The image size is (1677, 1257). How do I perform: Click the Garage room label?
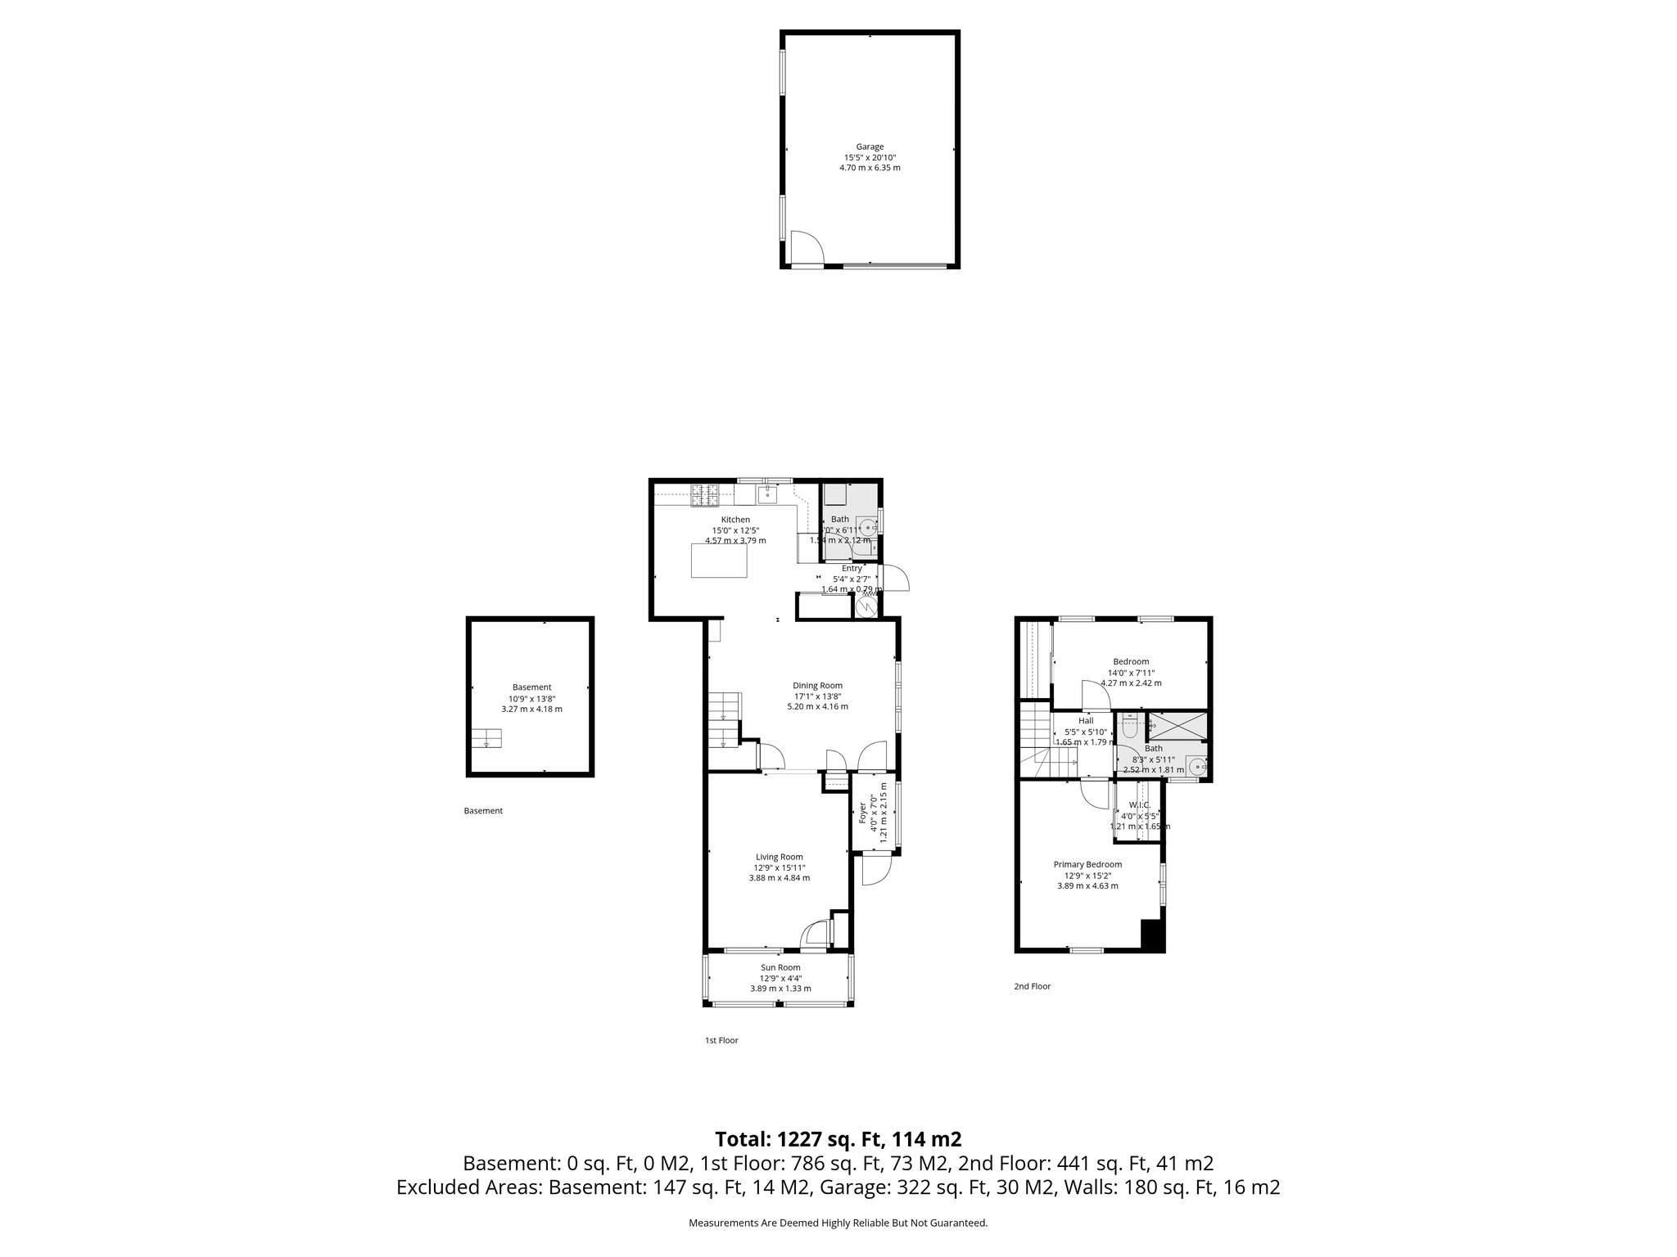pos(870,147)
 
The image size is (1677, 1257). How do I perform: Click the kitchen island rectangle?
pos(720,561)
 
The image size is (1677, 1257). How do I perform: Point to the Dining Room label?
pos(817,686)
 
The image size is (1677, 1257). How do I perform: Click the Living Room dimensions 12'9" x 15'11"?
pos(780,867)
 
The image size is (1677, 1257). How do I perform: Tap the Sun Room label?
pos(780,967)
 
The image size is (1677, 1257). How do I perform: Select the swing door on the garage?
pos(805,248)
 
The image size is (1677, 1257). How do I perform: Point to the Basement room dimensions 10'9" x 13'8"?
pos(532,698)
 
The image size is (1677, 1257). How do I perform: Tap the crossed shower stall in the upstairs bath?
pos(1178,724)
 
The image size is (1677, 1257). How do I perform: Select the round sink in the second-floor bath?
pos(1197,768)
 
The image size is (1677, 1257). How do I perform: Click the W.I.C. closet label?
pos(1140,805)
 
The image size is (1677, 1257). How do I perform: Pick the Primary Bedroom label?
pos(1087,864)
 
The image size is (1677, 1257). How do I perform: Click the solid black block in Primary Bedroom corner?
pos(1152,935)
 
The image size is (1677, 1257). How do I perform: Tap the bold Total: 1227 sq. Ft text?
pos(838,1139)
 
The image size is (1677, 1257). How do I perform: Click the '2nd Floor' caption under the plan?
pos(1032,986)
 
